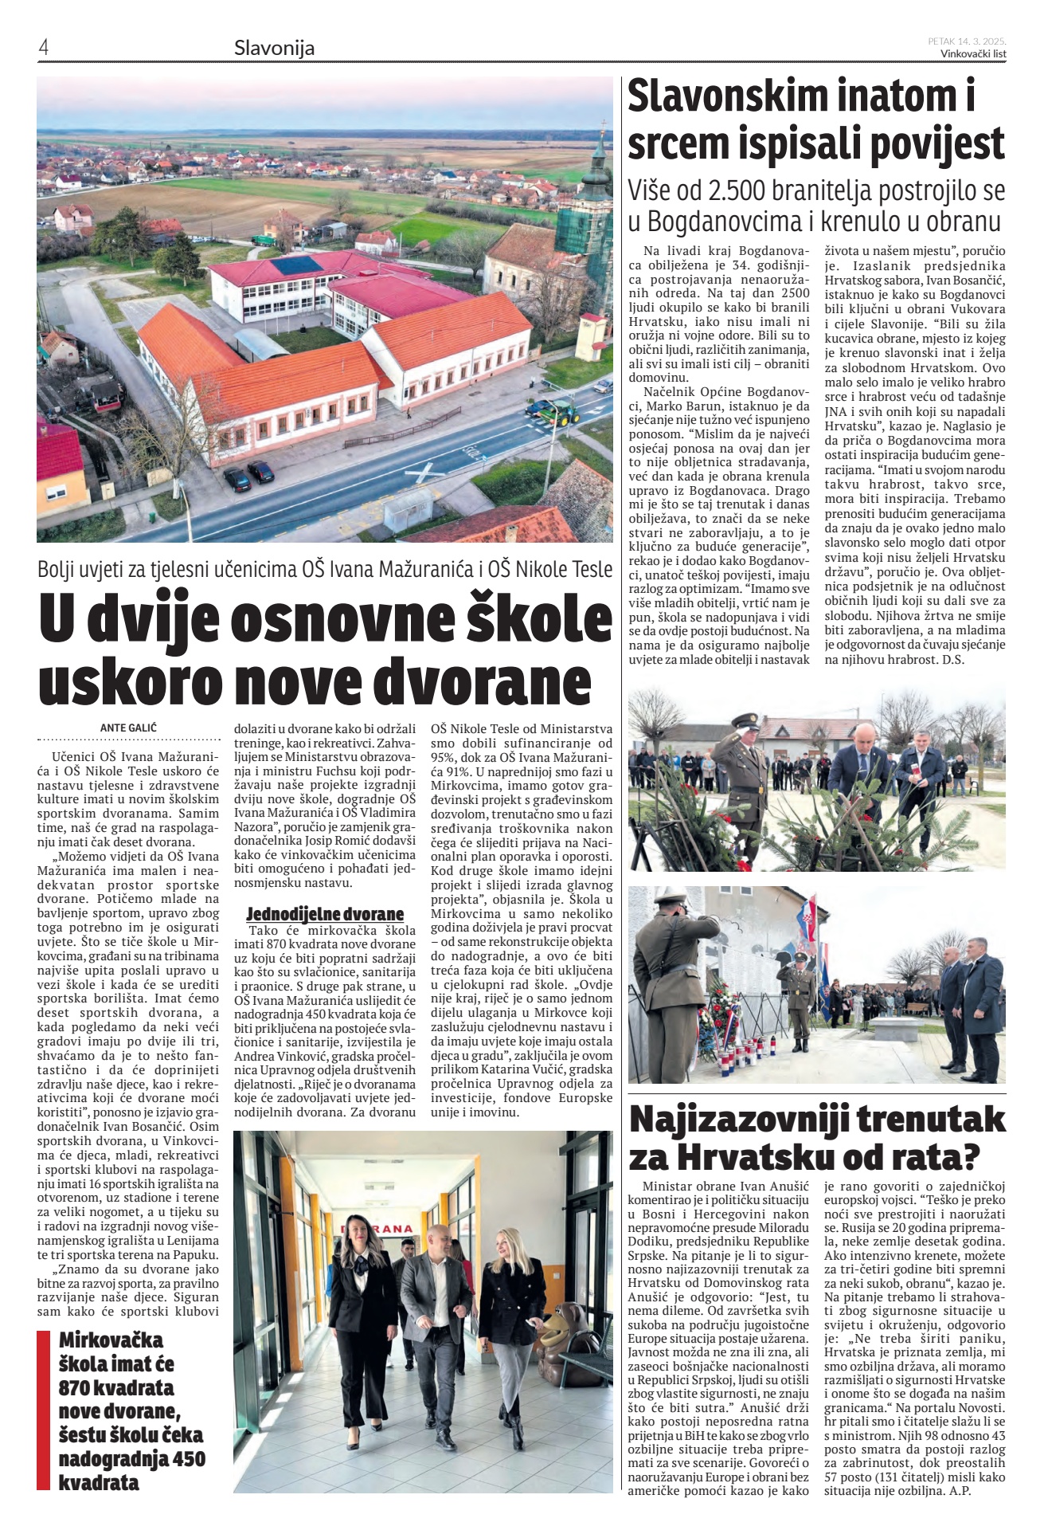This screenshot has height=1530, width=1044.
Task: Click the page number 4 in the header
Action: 44,48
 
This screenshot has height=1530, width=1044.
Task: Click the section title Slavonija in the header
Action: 274,48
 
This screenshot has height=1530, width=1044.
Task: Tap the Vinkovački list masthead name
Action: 972,54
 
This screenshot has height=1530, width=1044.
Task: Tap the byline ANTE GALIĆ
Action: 128,728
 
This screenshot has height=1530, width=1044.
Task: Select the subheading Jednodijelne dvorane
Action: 325,913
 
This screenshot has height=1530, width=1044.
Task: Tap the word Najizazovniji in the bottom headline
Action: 765,1120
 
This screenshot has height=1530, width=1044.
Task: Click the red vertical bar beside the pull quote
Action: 43,1410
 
